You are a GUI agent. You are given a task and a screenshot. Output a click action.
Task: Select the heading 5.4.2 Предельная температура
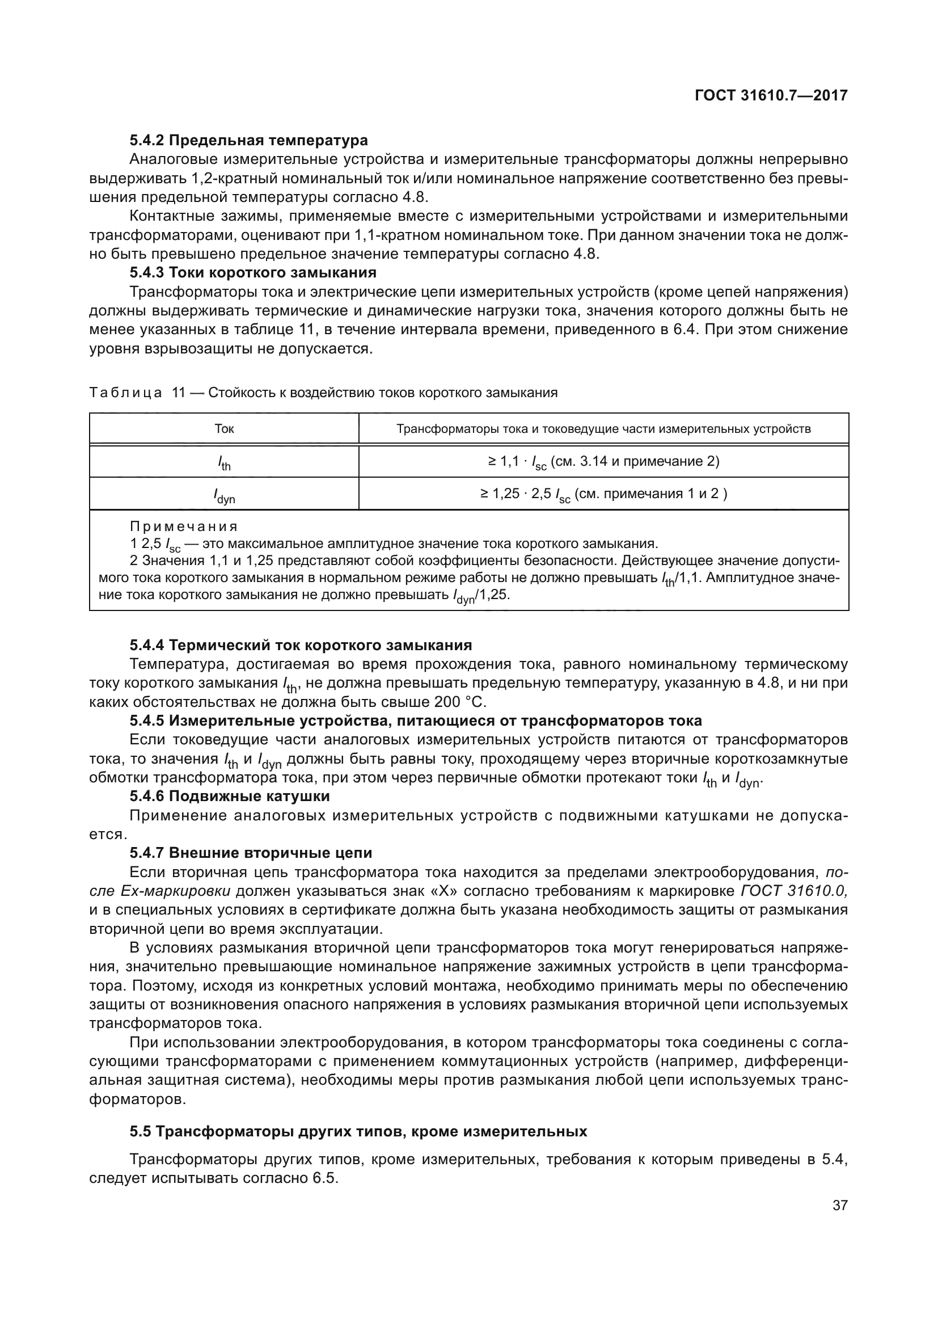tap(248, 141)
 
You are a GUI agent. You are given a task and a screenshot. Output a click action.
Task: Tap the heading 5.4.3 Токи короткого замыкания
tap(252, 272)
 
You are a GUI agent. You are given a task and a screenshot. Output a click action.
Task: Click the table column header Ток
tap(224, 428)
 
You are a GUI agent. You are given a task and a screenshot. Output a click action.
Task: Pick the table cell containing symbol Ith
tap(224, 462)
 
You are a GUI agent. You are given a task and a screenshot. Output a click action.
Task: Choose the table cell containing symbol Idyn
tap(224, 495)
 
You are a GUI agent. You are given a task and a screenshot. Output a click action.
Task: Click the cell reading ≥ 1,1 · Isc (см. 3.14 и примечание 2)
tap(603, 461)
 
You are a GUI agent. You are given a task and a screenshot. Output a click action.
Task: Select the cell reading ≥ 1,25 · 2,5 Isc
tap(603, 494)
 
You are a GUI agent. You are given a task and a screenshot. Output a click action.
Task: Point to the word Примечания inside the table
tap(184, 526)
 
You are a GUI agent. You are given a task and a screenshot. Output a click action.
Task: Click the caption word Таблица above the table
tap(126, 393)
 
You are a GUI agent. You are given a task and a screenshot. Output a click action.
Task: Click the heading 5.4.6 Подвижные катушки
tap(229, 797)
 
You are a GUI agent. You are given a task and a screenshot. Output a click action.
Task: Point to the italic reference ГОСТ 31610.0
tap(793, 891)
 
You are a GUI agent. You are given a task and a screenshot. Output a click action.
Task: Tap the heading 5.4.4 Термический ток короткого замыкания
tap(301, 645)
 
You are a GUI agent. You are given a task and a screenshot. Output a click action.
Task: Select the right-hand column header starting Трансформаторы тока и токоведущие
tap(603, 428)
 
